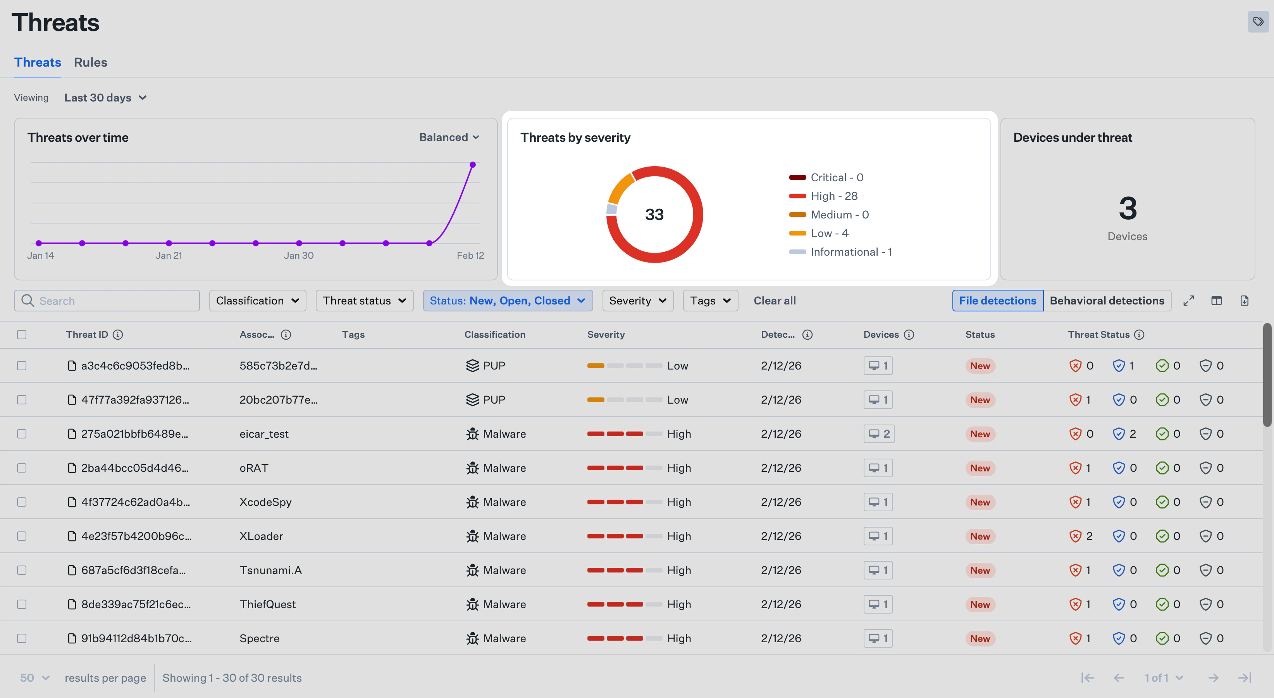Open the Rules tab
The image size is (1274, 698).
91,62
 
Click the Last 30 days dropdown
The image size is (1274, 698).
105,98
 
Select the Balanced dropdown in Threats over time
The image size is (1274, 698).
449,138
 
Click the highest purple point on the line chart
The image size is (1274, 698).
472,165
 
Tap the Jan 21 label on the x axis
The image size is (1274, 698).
169,256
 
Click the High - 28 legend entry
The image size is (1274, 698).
833,196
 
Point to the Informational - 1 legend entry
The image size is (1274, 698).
850,252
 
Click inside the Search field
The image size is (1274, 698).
114,301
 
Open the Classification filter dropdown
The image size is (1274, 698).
257,301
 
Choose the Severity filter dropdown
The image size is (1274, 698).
637,301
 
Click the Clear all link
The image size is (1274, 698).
774,301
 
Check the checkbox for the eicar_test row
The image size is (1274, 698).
22,434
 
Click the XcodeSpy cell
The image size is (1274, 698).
265,502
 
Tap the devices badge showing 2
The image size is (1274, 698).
878,434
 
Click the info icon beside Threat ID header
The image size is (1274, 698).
118,335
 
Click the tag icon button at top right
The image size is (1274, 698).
1258,22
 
